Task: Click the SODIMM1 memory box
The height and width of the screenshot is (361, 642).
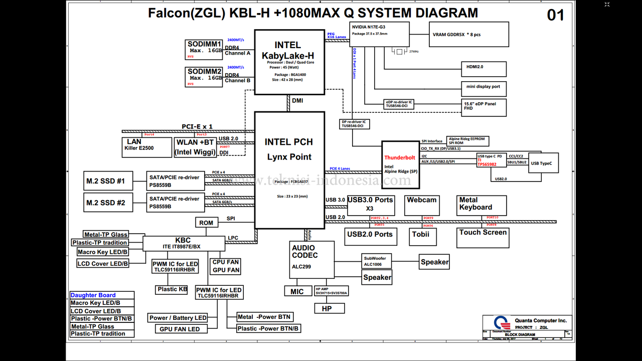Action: pos(204,50)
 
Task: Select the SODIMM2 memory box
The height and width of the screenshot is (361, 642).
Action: pos(204,77)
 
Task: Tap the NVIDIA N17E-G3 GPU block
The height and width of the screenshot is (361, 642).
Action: pos(379,34)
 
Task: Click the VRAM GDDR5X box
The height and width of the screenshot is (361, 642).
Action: pos(461,35)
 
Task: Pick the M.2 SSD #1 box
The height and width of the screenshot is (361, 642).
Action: pos(108,181)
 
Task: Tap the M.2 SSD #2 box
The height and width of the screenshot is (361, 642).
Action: pos(108,203)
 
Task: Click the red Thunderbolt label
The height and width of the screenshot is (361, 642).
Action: pos(400,157)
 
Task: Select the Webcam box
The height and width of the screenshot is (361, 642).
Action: pos(422,205)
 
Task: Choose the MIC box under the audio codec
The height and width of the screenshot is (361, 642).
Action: pos(297,291)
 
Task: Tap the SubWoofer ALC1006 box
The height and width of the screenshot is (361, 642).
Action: pos(377,261)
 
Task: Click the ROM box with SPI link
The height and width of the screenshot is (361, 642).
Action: pos(206,223)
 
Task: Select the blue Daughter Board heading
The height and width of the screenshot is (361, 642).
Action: pos(93,295)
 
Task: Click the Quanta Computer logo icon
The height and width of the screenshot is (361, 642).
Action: pos(500,323)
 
